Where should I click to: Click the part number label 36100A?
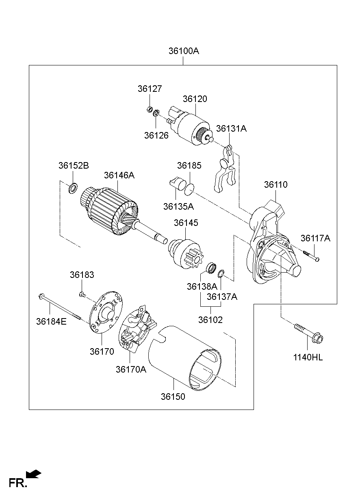coord(184,52)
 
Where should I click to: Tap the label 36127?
coord(150,89)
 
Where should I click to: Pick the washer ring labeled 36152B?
coord(73,188)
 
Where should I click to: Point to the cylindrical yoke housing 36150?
coord(185,358)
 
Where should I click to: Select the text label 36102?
coord(210,320)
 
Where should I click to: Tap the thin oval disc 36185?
coord(189,188)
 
